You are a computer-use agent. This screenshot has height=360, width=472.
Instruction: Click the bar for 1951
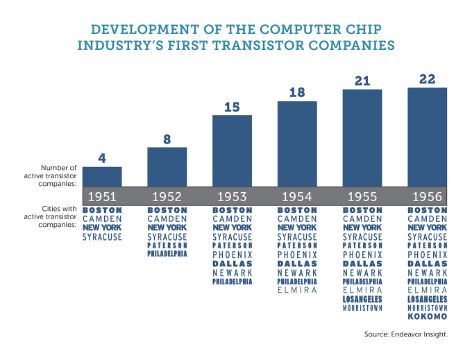(102, 177)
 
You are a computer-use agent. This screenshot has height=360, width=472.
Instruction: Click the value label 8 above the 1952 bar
(167, 139)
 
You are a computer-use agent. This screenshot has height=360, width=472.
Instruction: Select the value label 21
(362, 81)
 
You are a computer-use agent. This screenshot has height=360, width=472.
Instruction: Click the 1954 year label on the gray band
(297, 196)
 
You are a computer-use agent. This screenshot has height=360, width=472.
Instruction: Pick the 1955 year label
(362, 196)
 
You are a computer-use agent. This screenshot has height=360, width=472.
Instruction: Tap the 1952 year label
(167, 196)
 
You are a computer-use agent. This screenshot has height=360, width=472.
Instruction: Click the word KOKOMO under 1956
(427, 317)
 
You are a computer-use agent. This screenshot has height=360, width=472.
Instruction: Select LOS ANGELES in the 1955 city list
(362, 299)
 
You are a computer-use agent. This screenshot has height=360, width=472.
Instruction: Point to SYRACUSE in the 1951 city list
(102, 237)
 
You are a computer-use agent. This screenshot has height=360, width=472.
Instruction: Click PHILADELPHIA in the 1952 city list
(167, 255)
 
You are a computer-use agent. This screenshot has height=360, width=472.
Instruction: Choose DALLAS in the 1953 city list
(232, 264)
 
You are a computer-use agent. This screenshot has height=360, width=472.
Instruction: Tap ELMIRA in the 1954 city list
(297, 291)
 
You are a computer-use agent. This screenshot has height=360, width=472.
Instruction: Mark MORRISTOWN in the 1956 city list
(427, 308)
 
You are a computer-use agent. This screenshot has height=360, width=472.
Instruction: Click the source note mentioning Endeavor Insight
(405, 334)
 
